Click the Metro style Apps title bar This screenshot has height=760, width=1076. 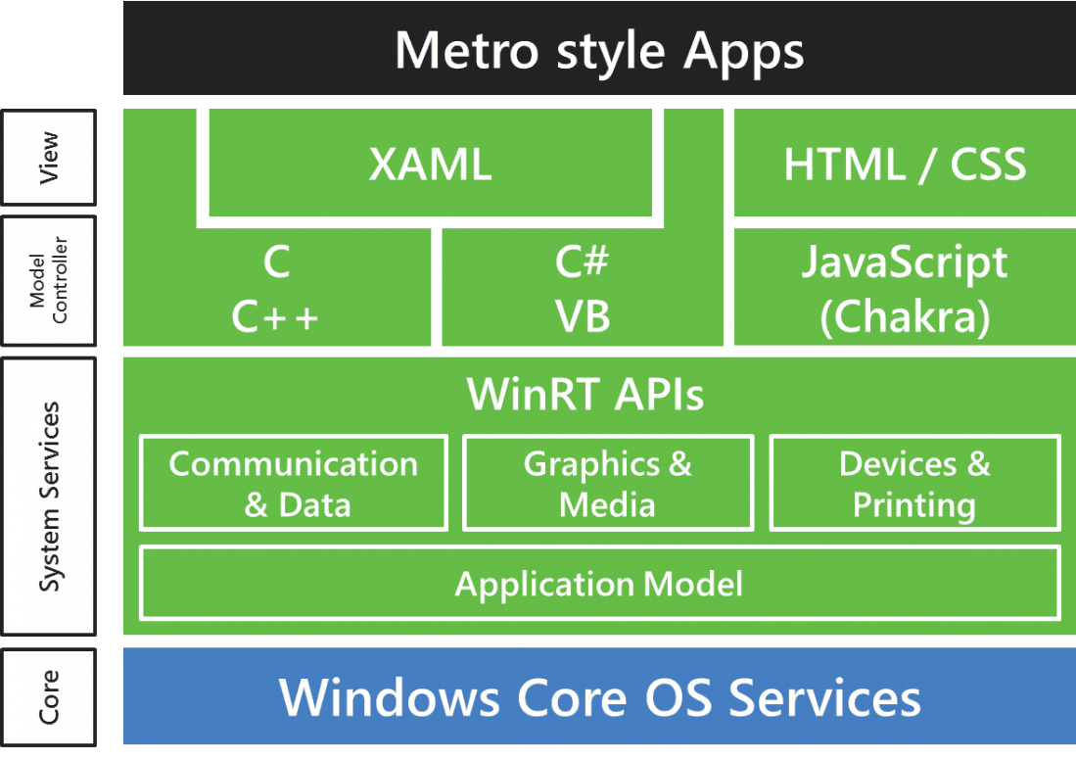tap(599, 48)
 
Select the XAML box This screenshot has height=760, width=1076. tap(430, 163)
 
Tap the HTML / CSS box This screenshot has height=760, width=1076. tap(905, 163)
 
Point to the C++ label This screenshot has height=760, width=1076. tap(275, 317)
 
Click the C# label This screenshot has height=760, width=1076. tap(582, 261)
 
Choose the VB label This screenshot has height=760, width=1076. tap(583, 316)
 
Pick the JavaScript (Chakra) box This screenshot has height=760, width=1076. tap(905, 287)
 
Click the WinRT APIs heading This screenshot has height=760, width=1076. tap(585, 394)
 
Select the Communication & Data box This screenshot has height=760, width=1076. tap(294, 483)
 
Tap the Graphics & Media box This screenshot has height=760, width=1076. tap(608, 483)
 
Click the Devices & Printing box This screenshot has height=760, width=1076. tap(915, 483)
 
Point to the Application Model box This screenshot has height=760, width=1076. tap(600, 584)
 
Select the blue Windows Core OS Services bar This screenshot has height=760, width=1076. tap(599, 696)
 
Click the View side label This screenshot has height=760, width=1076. tap(49, 158)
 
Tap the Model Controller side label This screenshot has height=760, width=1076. tap(49, 281)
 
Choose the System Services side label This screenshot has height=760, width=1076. tap(49, 497)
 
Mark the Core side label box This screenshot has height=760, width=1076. tap(49, 697)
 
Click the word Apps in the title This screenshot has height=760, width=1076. tap(743, 52)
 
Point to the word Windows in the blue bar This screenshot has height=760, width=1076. tap(390, 697)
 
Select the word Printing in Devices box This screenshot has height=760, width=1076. tap(914, 506)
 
